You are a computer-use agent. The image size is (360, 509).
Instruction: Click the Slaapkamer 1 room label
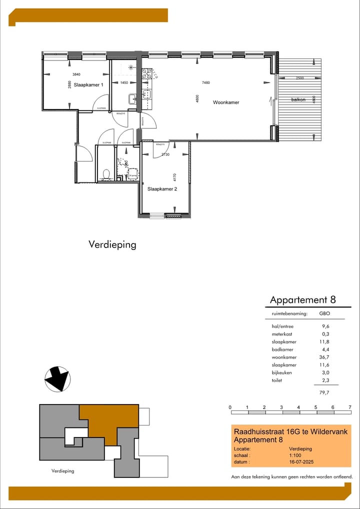pyautogui.click(x=88, y=85)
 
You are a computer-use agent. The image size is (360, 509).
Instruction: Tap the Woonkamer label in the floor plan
pyautogui.click(x=226, y=102)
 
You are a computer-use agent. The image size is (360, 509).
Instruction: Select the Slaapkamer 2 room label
pyautogui.click(x=162, y=189)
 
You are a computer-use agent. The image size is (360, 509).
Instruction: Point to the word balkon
pyautogui.click(x=298, y=100)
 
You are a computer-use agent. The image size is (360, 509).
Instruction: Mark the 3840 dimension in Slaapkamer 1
pyautogui.click(x=76, y=74)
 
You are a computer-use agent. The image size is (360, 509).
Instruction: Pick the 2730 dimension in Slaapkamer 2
pyautogui.click(x=165, y=155)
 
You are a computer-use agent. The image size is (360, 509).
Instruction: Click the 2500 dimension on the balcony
pyautogui.click(x=299, y=78)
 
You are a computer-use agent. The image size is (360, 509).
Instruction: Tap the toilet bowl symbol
pyautogui.click(x=105, y=174)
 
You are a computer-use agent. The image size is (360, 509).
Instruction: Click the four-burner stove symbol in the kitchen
pyautogui.click(x=147, y=74)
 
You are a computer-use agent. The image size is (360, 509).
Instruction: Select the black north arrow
pyautogui.click(x=56, y=378)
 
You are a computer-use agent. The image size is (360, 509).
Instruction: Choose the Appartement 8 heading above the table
pyautogui.click(x=302, y=300)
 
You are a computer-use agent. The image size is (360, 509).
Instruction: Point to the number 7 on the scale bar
pyautogui.click(x=350, y=407)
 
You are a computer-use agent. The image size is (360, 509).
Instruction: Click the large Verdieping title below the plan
pyautogui.click(x=112, y=244)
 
